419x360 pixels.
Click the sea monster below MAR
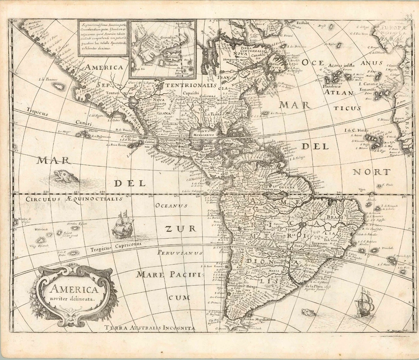click(x=65, y=176)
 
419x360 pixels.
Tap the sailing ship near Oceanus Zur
click(x=122, y=226)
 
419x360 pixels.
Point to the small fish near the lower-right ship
click(x=308, y=312)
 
